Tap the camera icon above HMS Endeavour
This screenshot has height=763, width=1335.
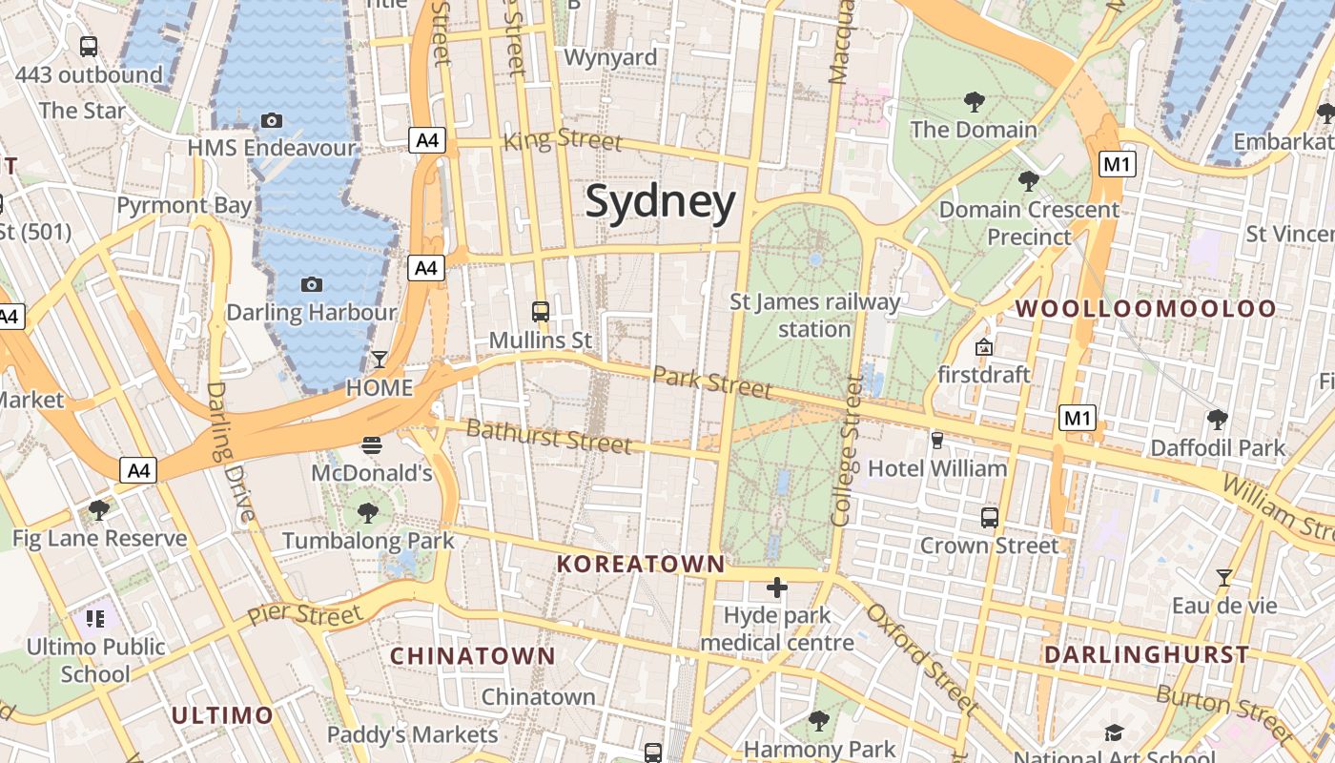(x=272, y=120)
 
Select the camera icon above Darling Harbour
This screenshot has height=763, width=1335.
(x=311, y=284)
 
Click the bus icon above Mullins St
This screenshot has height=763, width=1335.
(x=540, y=311)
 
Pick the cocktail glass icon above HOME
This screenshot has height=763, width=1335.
(x=380, y=360)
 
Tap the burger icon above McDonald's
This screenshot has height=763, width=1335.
(x=372, y=444)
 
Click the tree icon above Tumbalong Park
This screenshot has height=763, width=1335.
(x=368, y=513)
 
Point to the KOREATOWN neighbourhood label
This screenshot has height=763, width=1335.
(x=641, y=564)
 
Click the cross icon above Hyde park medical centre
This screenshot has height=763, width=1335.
(x=777, y=588)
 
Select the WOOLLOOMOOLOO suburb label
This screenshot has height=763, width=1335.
(x=1145, y=308)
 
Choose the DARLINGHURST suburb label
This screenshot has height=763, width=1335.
(x=1146, y=654)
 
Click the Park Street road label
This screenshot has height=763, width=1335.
(x=712, y=381)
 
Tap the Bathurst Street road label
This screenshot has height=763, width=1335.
(x=549, y=436)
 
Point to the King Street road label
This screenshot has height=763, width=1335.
(x=562, y=140)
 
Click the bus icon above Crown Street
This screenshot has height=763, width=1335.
(x=990, y=518)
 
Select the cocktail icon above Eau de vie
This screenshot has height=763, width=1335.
(x=1223, y=577)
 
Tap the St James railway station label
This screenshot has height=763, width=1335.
(x=814, y=316)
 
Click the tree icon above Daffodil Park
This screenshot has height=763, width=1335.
(x=1217, y=420)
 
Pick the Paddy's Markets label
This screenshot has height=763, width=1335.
(x=412, y=734)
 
